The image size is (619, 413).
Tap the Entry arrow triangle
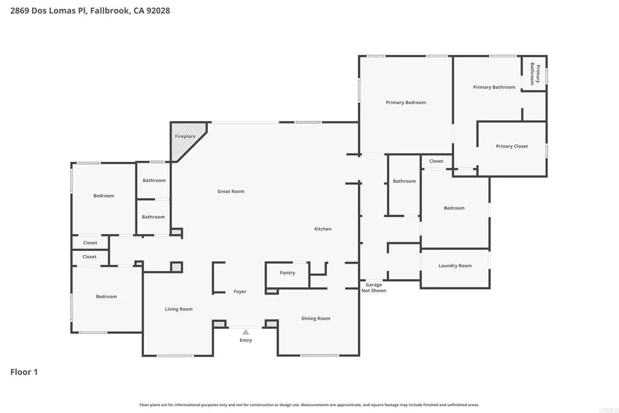click(x=245, y=332)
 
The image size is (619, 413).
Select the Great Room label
click(x=231, y=192)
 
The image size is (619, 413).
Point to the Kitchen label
click(x=323, y=229)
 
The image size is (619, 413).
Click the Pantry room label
click(x=288, y=273)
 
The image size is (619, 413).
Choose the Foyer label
click(x=240, y=291)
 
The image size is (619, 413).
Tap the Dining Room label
click(x=316, y=319)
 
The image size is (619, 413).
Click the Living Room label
click(x=179, y=309)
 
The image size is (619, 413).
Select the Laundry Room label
click(x=455, y=266)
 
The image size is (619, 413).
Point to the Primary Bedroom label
click(x=406, y=103)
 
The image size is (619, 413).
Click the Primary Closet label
click(x=512, y=146)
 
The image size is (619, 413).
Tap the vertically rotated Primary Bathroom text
click(x=534, y=74)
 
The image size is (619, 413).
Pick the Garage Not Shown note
click(x=374, y=288)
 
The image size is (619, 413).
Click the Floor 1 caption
click(x=24, y=372)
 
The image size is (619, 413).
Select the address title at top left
click(x=90, y=10)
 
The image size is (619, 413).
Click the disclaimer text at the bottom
click(x=309, y=405)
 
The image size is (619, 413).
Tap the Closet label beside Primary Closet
click(x=436, y=161)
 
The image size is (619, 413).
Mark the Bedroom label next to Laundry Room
click(x=454, y=208)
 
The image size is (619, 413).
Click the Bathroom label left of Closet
click(x=404, y=181)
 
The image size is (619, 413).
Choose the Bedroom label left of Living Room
click(x=106, y=297)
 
